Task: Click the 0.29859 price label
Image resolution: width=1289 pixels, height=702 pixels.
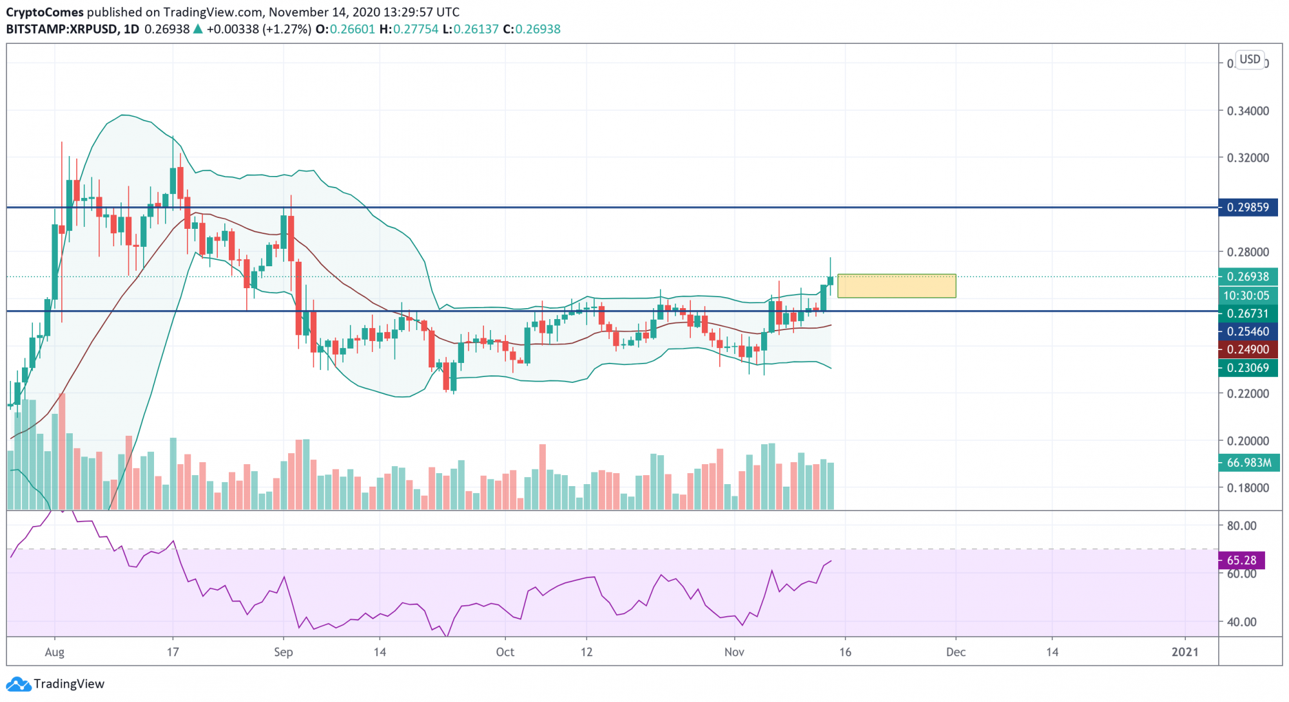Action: click(1248, 208)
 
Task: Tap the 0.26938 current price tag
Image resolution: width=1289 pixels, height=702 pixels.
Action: click(1248, 277)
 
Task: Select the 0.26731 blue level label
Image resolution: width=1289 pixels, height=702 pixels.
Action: click(1248, 313)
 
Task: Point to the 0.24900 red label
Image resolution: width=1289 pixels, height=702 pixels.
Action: click(1248, 349)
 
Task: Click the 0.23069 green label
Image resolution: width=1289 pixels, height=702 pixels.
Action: click(1248, 368)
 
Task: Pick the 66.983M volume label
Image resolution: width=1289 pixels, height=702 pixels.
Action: click(1248, 463)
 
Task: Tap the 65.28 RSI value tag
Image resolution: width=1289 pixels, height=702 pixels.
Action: click(1241, 560)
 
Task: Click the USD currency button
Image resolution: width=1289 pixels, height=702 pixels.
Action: click(1250, 59)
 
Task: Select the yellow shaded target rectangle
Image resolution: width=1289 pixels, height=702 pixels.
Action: click(896, 286)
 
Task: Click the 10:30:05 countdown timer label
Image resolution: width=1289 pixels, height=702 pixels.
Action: click(1246, 295)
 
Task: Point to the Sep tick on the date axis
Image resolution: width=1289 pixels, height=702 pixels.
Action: click(283, 652)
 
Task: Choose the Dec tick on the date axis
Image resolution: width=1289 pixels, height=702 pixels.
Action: click(955, 652)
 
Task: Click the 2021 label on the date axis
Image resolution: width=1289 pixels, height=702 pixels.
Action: click(1185, 652)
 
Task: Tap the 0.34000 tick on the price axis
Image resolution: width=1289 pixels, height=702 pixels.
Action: click(1248, 111)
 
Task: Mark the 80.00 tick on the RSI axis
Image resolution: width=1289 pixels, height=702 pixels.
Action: click(1241, 525)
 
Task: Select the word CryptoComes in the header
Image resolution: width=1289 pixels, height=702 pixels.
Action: click(45, 12)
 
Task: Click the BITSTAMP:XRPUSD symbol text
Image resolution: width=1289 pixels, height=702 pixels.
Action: click(62, 29)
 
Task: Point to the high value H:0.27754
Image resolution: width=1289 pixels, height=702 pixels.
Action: click(409, 29)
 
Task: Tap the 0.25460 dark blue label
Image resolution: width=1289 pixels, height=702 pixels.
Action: click(1248, 331)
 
